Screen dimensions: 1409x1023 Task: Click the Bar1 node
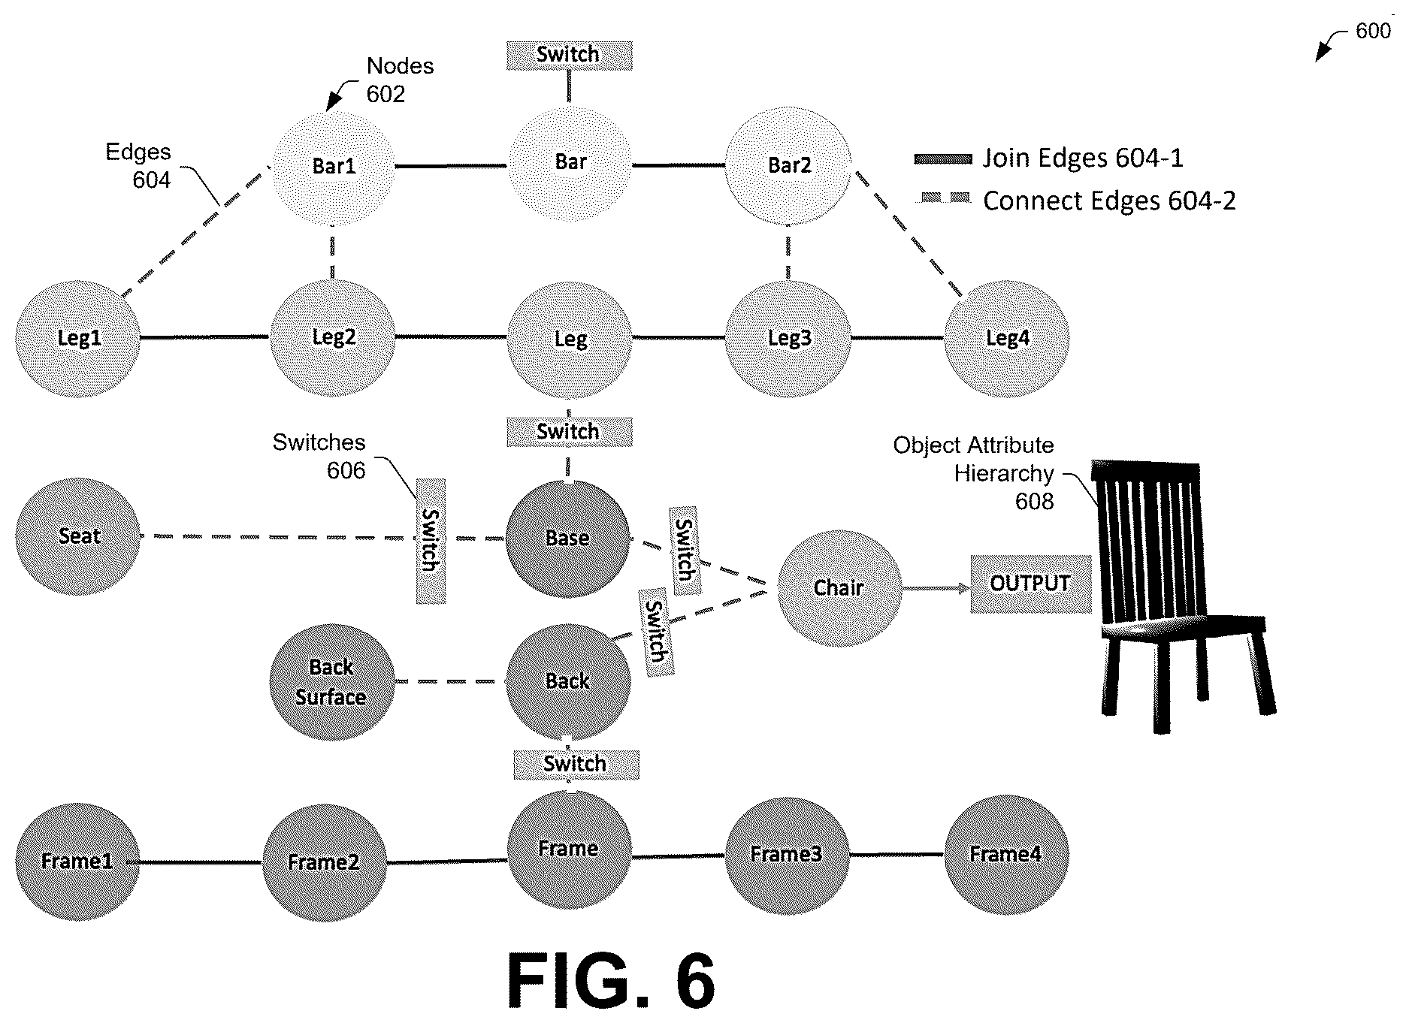[x=333, y=166]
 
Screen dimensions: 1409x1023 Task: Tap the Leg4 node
[x=1007, y=339]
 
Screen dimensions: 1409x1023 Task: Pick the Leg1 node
[x=78, y=339]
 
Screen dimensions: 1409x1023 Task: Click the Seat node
[x=78, y=537]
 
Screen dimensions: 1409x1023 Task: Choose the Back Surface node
[x=332, y=682]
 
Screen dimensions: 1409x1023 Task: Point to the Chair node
[x=839, y=588]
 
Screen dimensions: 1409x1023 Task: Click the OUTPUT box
[x=1030, y=584]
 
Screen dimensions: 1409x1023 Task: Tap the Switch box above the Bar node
[x=569, y=55]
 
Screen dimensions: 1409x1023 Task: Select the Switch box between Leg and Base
[x=569, y=432]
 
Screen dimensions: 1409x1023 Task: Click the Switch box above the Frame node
[x=576, y=765]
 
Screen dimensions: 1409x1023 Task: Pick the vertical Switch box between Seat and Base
[x=431, y=541]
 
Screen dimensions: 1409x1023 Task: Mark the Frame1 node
[x=78, y=862]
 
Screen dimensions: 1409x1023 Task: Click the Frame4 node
[x=1007, y=854]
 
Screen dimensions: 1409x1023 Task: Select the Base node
[x=568, y=538]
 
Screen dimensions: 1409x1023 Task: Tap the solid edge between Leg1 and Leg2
[x=205, y=337]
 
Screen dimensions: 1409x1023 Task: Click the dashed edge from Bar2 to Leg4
[x=908, y=234]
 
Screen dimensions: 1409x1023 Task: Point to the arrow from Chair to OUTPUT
[x=936, y=588]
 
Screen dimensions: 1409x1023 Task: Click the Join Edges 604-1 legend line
[x=943, y=159]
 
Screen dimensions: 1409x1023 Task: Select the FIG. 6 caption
[x=611, y=980]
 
